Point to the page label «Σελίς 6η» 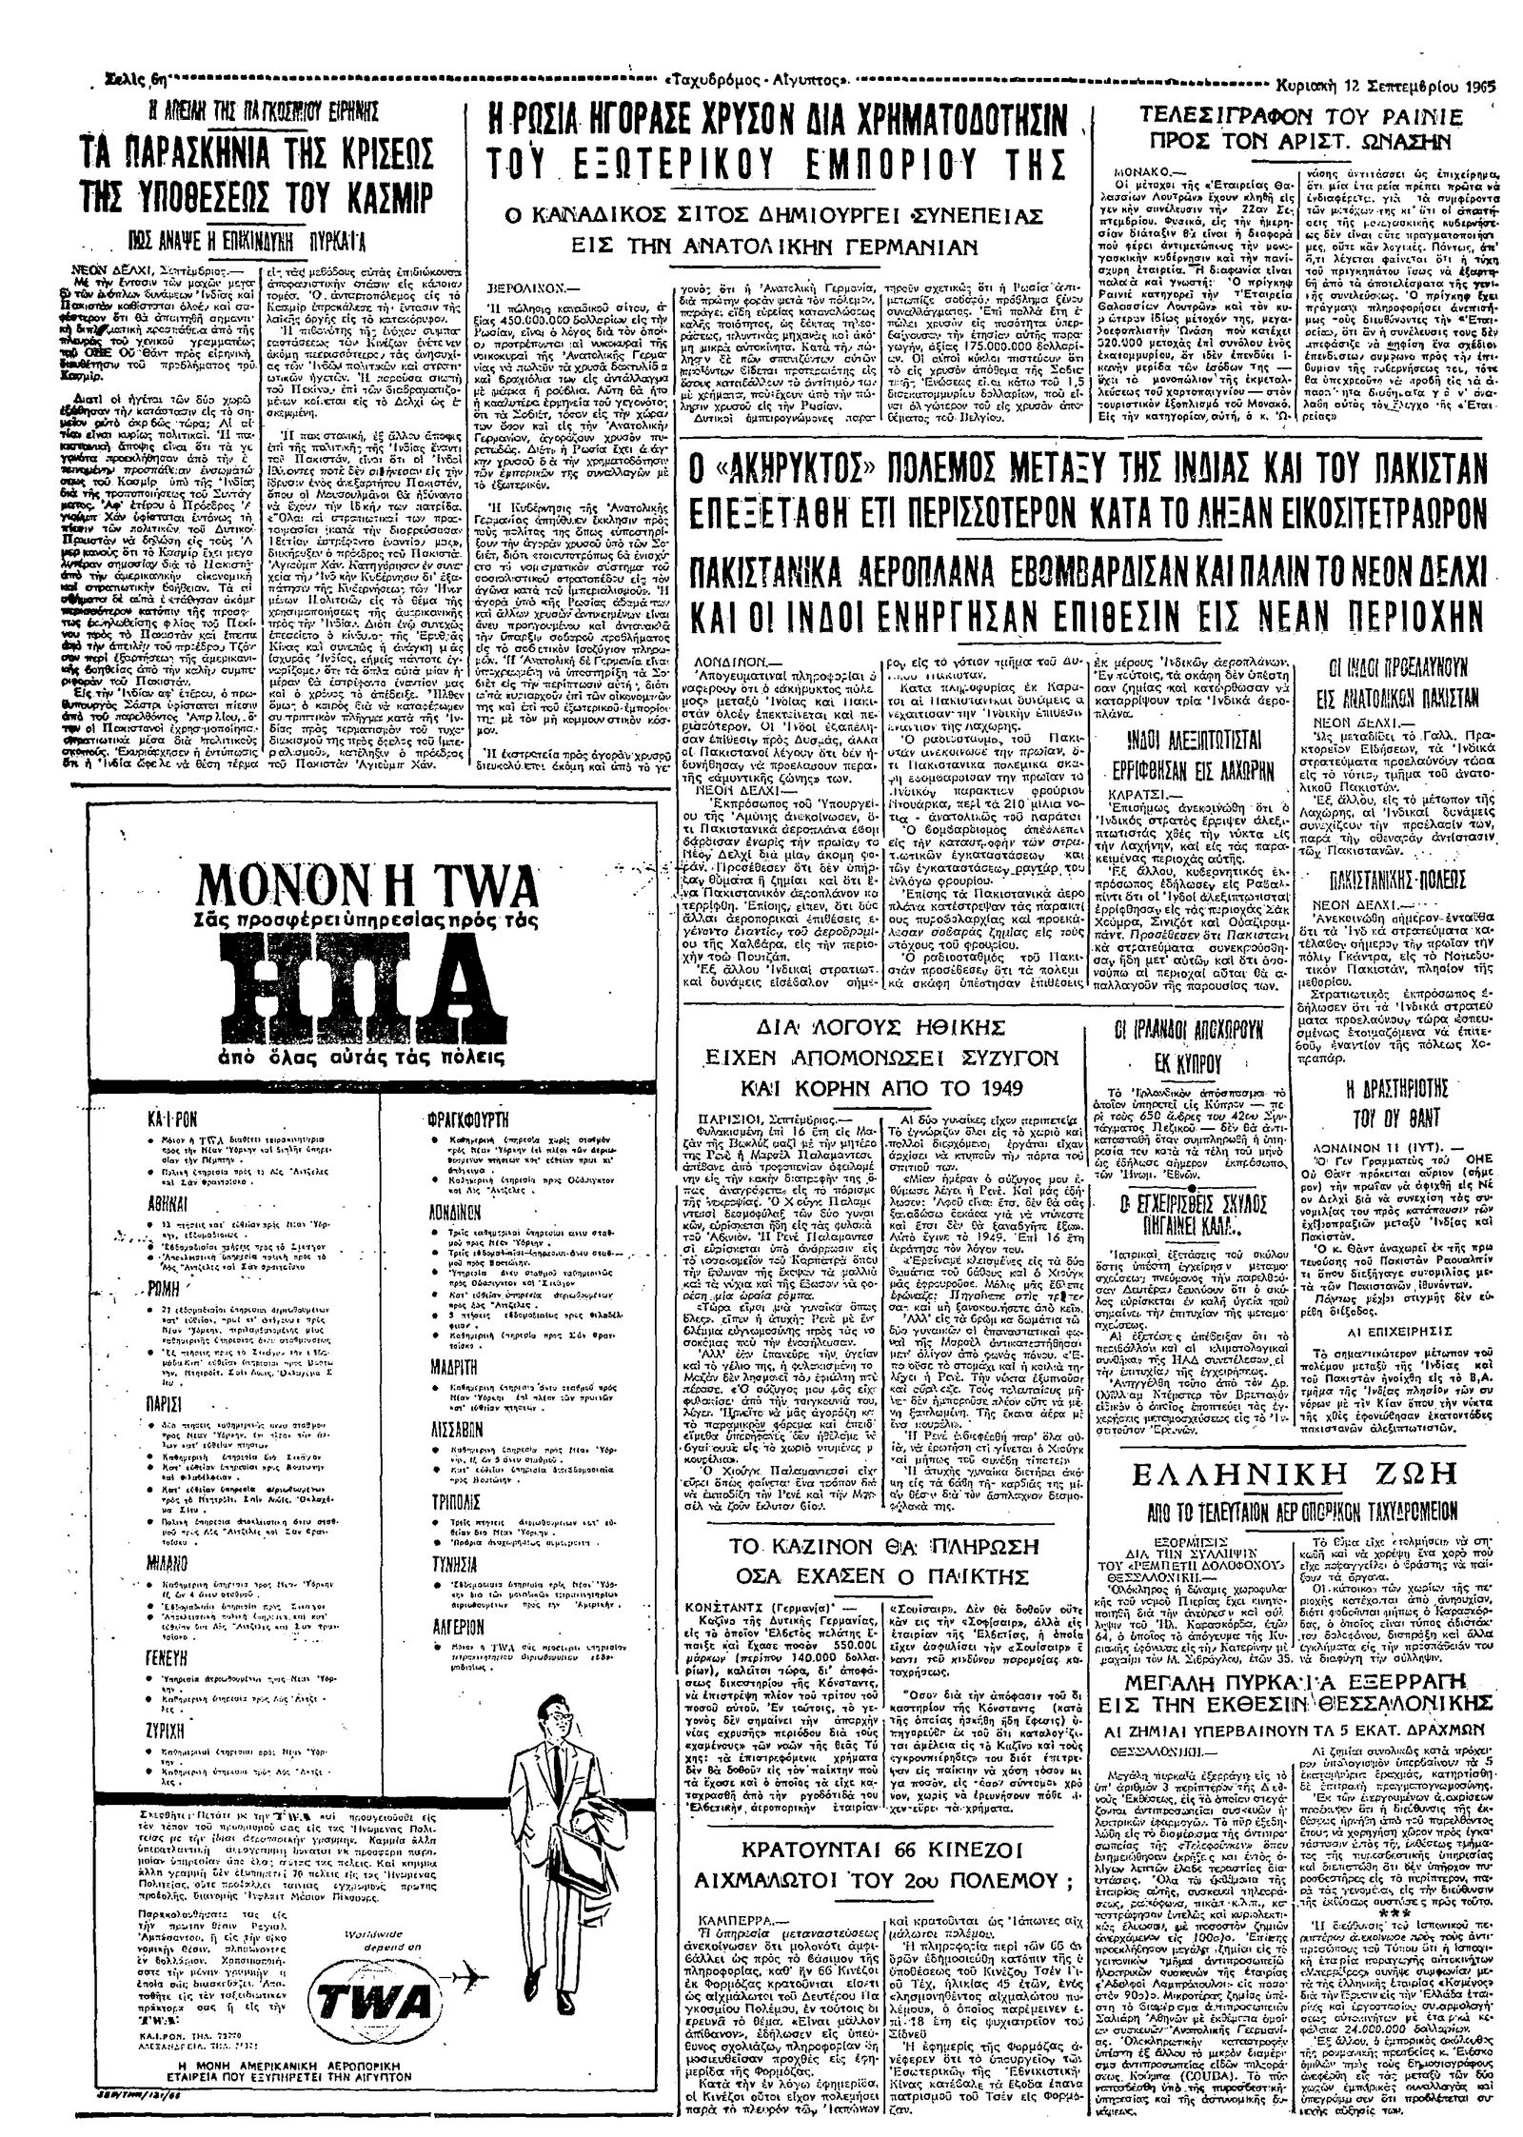pyautogui.click(x=136, y=78)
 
